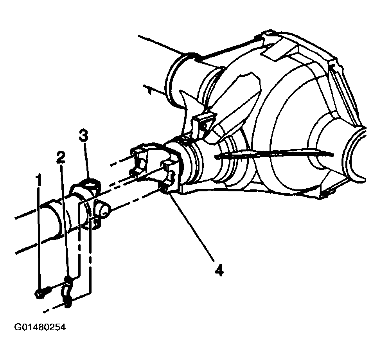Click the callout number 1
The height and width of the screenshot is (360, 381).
(39, 180)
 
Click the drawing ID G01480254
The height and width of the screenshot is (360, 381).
(40, 327)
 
